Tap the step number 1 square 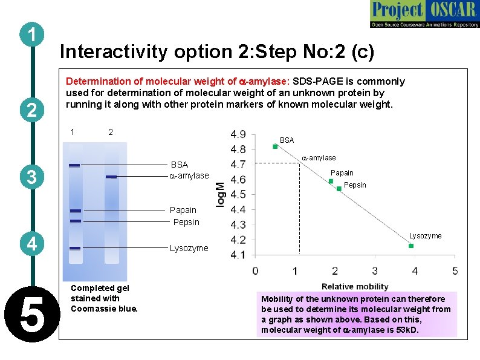coord(30,35)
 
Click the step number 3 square coord(30,177)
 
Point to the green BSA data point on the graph coord(275,146)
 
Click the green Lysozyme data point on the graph coord(411,246)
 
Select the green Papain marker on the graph coord(331,181)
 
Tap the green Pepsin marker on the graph coord(339,189)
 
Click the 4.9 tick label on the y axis coord(238,134)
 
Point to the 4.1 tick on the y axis coord(238,255)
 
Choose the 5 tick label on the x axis coord(454,270)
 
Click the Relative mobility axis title coord(355,286)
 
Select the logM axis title coord(221,195)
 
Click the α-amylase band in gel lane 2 coord(111,177)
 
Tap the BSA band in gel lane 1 coord(74,165)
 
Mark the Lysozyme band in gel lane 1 coord(74,248)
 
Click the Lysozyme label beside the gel coord(189,248)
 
